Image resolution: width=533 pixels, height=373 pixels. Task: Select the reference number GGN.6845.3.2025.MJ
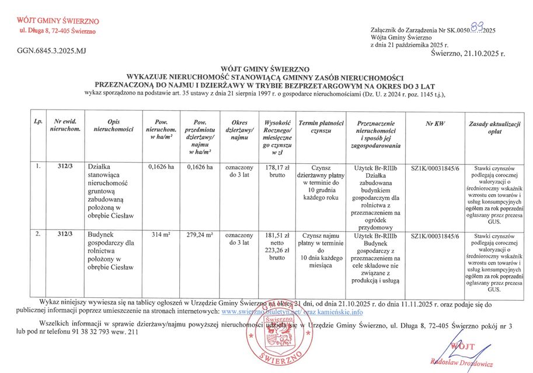coord(52,52)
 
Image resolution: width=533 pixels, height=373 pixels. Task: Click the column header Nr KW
coord(435,124)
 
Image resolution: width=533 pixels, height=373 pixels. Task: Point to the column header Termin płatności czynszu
coord(321,128)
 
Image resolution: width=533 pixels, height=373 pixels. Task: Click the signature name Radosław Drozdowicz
coord(461,362)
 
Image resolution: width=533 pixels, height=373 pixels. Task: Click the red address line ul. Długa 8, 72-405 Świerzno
coord(58,30)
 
